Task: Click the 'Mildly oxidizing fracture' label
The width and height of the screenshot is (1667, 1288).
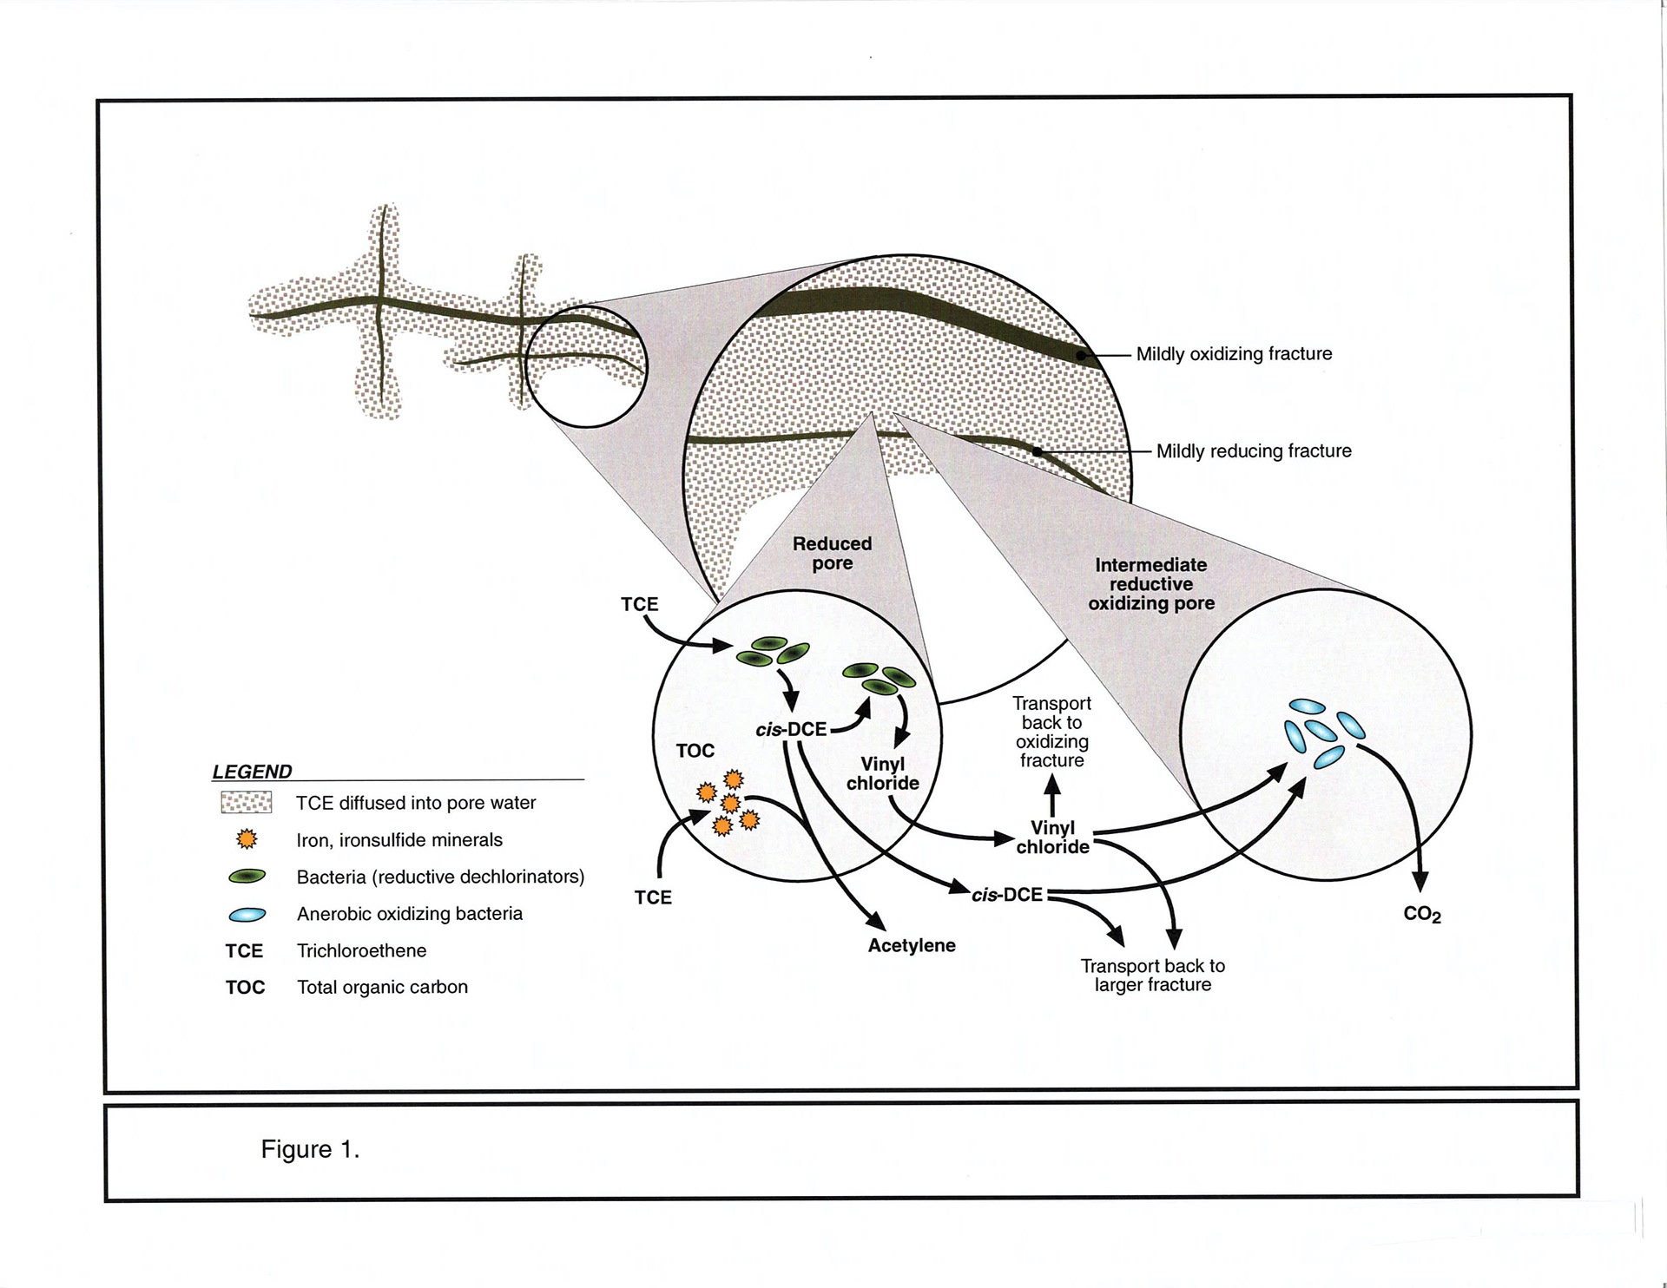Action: click(x=1234, y=354)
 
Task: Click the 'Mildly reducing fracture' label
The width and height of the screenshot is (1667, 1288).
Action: click(x=1254, y=451)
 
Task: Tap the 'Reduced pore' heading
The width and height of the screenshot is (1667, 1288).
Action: click(x=832, y=554)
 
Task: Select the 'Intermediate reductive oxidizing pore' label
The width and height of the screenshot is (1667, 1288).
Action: click(x=1151, y=584)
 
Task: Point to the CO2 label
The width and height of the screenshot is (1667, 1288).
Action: click(x=1422, y=915)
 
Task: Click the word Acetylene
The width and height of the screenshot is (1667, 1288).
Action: click(x=912, y=946)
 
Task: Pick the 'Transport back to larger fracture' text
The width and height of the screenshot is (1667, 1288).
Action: click(x=1153, y=976)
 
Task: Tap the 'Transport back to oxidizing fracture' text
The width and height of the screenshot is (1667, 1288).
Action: click(x=1052, y=732)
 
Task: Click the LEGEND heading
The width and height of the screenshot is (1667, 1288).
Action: click(x=252, y=772)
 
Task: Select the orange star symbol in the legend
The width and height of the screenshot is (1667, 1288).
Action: click(x=247, y=839)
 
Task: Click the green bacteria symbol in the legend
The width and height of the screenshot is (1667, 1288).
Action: click(x=247, y=877)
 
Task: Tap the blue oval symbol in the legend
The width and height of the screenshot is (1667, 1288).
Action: click(x=247, y=915)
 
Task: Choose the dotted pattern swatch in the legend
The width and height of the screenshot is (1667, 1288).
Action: click(x=247, y=803)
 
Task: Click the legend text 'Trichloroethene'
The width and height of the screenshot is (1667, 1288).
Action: click(x=361, y=951)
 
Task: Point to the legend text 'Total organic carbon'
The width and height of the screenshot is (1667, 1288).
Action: click(x=382, y=988)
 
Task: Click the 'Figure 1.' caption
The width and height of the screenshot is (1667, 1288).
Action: click(x=310, y=1150)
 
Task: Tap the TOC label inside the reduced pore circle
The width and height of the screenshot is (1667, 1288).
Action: click(x=695, y=751)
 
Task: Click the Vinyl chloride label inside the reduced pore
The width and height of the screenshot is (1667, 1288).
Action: click(x=883, y=774)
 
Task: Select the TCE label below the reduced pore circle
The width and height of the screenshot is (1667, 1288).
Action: click(x=653, y=897)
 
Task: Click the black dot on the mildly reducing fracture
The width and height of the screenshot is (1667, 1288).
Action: click(x=1037, y=451)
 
